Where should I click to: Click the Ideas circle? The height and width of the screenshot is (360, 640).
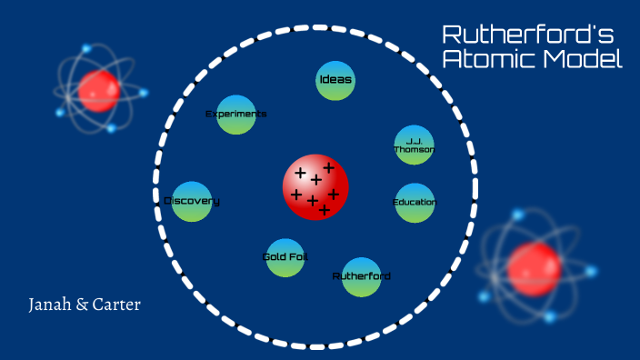(x=335, y=80)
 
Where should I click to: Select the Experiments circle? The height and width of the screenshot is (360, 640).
(x=236, y=115)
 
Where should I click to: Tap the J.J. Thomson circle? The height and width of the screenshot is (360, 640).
(x=414, y=145)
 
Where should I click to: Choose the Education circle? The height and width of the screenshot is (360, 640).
(x=414, y=202)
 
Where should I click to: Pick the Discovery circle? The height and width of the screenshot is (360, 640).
(x=192, y=201)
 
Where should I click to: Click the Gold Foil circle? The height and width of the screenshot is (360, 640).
(x=285, y=257)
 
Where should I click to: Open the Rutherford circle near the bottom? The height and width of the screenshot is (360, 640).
(x=361, y=276)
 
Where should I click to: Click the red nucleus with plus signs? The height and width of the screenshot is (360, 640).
(x=315, y=186)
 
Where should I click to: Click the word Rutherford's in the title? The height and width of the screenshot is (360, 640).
(x=528, y=35)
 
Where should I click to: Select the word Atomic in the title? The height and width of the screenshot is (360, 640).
(x=487, y=60)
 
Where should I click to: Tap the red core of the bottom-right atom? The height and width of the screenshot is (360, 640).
(x=534, y=268)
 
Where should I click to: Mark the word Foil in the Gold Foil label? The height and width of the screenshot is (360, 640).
(x=297, y=257)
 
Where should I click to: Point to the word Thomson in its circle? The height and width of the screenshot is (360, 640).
(x=414, y=150)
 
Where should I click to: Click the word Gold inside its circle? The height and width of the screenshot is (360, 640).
(x=275, y=257)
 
